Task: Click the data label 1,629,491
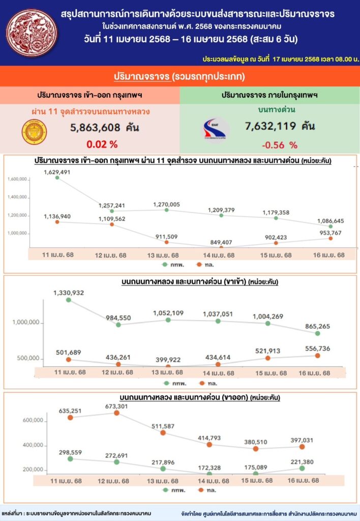tap(56, 171)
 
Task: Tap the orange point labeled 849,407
tap(222, 247)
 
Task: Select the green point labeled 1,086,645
tap(332, 226)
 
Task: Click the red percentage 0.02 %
tap(102, 144)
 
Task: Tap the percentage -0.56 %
tap(279, 144)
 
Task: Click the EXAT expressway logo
tap(216, 129)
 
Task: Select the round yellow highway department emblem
tap(34, 132)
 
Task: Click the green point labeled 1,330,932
tap(69, 300)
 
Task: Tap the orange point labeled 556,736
tap(332, 356)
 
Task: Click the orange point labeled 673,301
tap(116, 413)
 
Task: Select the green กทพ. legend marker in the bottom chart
tap(166, 489)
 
